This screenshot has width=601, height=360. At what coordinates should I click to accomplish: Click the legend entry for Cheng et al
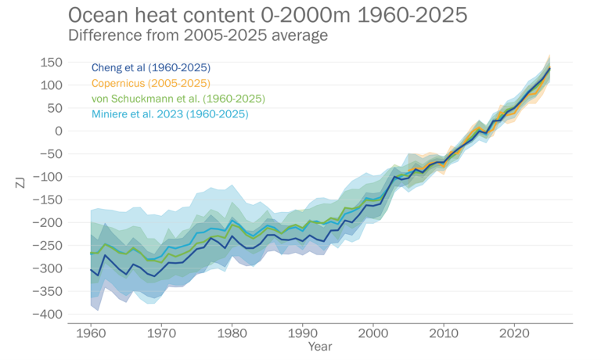point(151,67)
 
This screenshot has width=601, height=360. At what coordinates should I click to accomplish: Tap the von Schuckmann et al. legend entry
point(178,99)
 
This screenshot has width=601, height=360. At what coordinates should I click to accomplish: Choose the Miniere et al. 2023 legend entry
point(170,114)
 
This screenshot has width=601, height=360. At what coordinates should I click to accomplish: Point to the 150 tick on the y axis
point(51,62)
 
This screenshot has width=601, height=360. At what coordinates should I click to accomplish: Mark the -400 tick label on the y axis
point(48,314)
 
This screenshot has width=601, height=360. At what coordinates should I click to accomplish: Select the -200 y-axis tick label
point(48,222)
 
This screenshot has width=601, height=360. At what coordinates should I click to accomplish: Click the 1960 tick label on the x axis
point(91,333)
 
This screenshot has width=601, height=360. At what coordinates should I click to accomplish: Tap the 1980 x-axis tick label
point(232,333)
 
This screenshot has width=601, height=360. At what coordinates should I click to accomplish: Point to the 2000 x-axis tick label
point(372,333)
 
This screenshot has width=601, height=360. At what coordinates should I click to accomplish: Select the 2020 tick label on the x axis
point(514,333)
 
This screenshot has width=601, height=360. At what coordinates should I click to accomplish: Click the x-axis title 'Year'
point(319,345)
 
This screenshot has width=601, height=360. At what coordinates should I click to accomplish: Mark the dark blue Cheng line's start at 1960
point(91,269)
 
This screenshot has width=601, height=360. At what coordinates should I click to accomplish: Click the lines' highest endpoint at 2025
point(549,68)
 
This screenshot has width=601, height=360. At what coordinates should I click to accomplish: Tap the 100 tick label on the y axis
point(51,85)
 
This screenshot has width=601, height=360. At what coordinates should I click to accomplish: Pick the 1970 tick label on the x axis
point(161,333)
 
